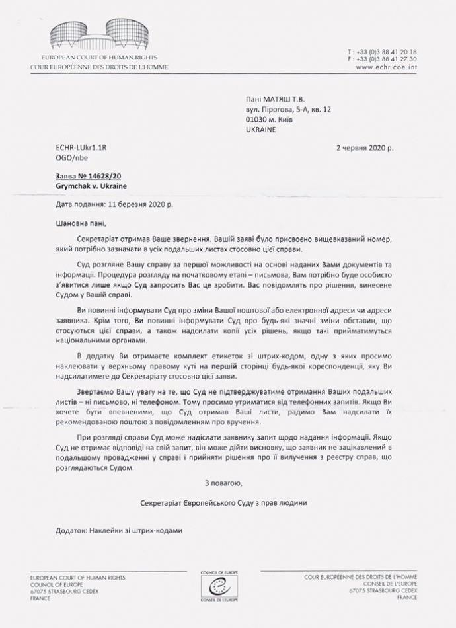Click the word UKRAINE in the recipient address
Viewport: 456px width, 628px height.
tap(260, 130)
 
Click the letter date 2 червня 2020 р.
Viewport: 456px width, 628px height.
tap(364, 148)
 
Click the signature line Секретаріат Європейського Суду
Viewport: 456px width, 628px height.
tap(223, 503)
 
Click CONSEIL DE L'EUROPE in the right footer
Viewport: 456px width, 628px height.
tap(381, 584)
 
